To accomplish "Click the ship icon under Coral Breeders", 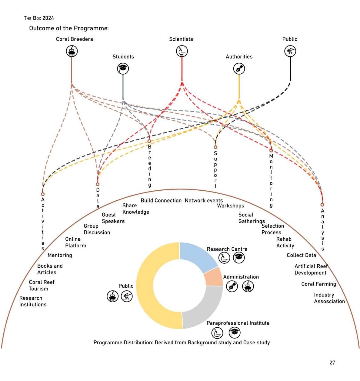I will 72,51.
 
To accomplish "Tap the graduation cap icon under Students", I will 123,69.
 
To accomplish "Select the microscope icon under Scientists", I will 182,51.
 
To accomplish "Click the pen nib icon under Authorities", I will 239,69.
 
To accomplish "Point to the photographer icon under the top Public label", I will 290,51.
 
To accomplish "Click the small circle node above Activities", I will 43,194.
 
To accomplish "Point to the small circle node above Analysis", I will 322,205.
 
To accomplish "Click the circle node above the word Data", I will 98,184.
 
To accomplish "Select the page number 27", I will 332,363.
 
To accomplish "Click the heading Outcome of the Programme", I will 69,28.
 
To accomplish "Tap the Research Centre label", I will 227,249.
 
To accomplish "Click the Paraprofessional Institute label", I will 238,323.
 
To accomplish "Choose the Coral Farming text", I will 318,284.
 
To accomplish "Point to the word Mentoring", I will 60,255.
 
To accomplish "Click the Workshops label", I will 230,206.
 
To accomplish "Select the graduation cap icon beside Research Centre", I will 239,258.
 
